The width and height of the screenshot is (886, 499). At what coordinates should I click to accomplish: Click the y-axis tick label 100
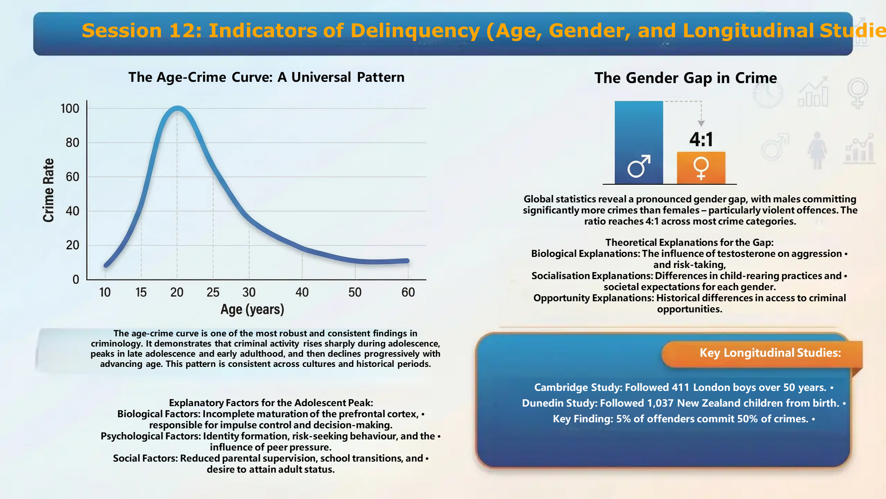click(70, 109)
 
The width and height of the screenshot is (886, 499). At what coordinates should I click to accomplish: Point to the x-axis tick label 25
click(213, 292)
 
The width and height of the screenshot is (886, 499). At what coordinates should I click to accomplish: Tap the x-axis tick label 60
click(408, 292)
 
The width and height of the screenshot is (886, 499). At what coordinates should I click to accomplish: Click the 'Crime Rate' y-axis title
click(48, 190)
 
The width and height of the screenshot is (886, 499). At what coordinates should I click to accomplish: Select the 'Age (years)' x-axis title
click(252, 309)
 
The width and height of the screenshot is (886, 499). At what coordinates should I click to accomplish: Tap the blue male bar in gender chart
click(639, 134)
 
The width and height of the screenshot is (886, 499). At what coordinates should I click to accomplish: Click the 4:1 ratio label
click(701, 139)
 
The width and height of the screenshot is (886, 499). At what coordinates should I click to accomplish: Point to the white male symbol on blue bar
click(639, 166)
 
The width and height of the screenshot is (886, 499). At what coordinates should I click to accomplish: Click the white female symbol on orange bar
click(701, 168)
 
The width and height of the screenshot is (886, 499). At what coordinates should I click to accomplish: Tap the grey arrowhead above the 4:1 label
click(701, 123)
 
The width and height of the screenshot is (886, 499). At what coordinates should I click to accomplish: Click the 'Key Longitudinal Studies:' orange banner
click(770, 353)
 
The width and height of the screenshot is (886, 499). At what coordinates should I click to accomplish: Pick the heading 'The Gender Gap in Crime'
click(685, 78)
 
